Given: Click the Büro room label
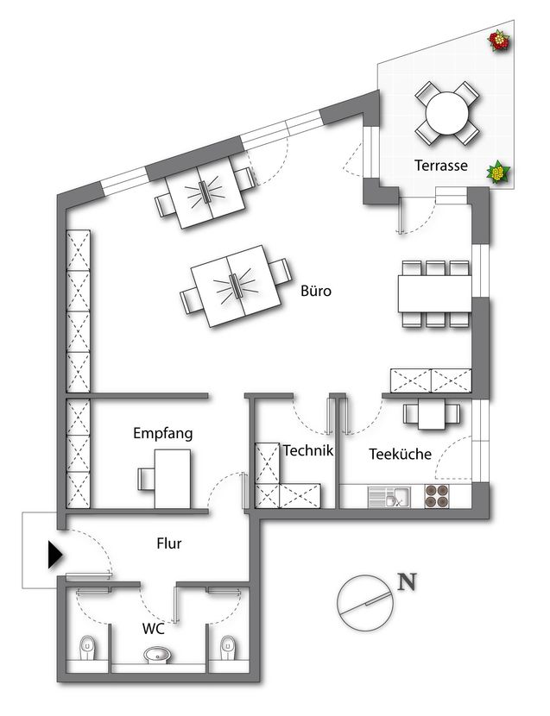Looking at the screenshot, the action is tap(316, 291).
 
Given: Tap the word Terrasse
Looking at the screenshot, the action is tap(441, 166).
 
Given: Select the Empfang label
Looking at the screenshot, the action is tap(163, 433).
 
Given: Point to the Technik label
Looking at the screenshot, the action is tap(308, 450).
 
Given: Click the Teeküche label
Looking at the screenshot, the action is tap(400, 454).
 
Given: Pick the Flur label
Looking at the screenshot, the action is tap(169, 543).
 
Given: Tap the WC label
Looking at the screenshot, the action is tap(153, 629).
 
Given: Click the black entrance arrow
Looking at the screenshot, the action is tap(55, 556).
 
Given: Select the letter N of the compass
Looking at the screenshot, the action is tap(407, 581).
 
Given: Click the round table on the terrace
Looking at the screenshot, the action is tap(447, 113).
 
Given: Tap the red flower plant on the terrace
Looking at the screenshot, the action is tap(499, 41).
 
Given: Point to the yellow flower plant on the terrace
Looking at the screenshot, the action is tap(498, 173).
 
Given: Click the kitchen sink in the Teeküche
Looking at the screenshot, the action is tap(389, 497).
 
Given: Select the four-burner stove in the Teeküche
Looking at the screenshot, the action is tap(437, 496).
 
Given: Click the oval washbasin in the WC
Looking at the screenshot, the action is tap(158, 655).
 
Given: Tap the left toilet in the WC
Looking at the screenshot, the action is tap(87, 648).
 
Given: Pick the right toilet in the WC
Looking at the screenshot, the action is tap(227, 648).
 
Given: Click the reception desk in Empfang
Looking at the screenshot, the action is tap(173, 479).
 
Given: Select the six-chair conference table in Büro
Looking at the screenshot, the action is tap(435, 293).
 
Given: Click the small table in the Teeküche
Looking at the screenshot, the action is tap(432, 414).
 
